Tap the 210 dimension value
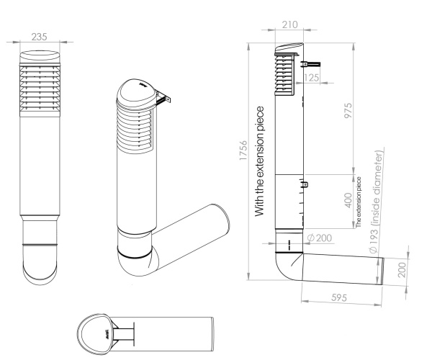click(x=291, y=26)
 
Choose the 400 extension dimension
click(x=348, y=199)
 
